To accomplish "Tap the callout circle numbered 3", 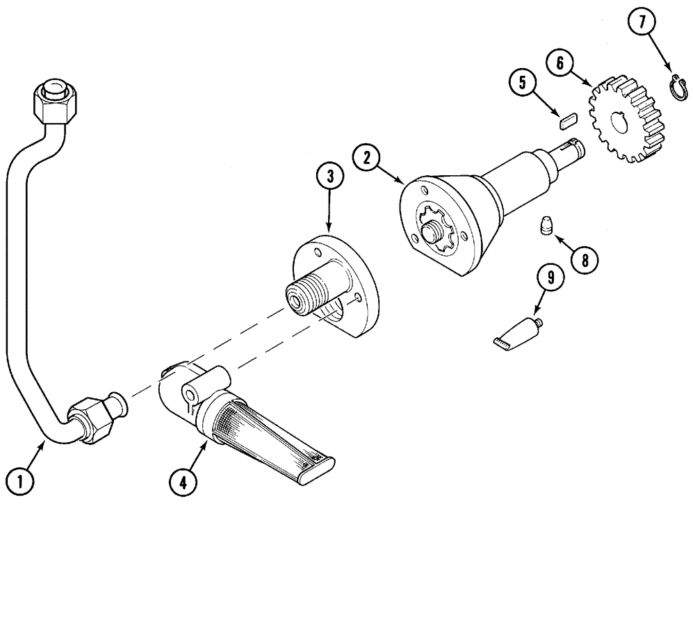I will tap(330, 177).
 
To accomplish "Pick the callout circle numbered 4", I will tap(183, 482).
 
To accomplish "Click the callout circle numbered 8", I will tap(582, 260).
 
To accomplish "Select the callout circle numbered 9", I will tap(550, 278).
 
